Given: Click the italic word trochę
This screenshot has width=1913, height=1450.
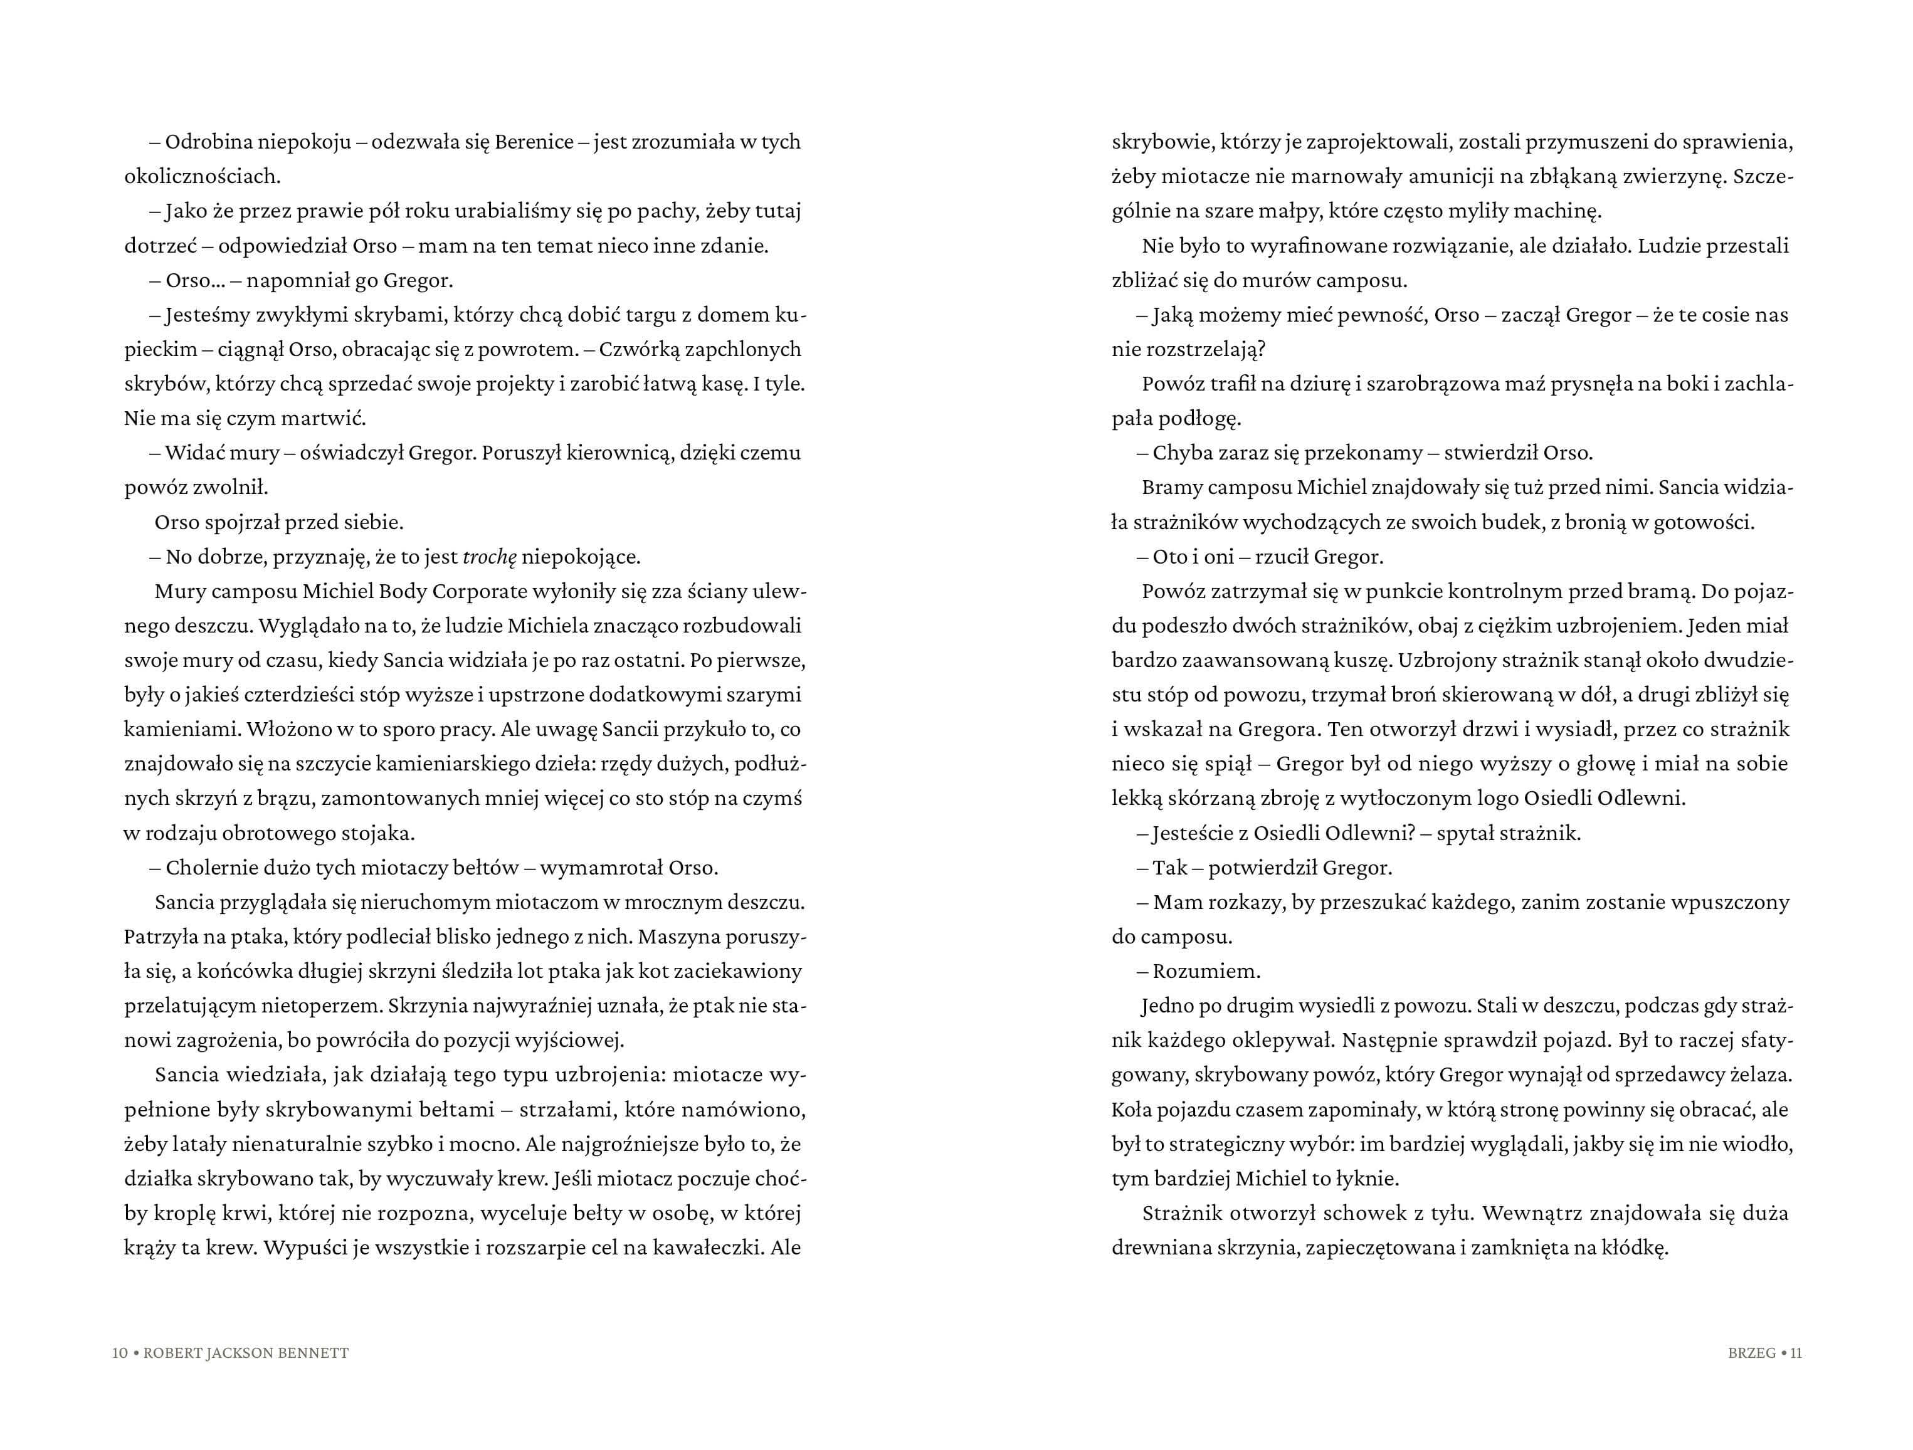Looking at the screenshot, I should point(490,557).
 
